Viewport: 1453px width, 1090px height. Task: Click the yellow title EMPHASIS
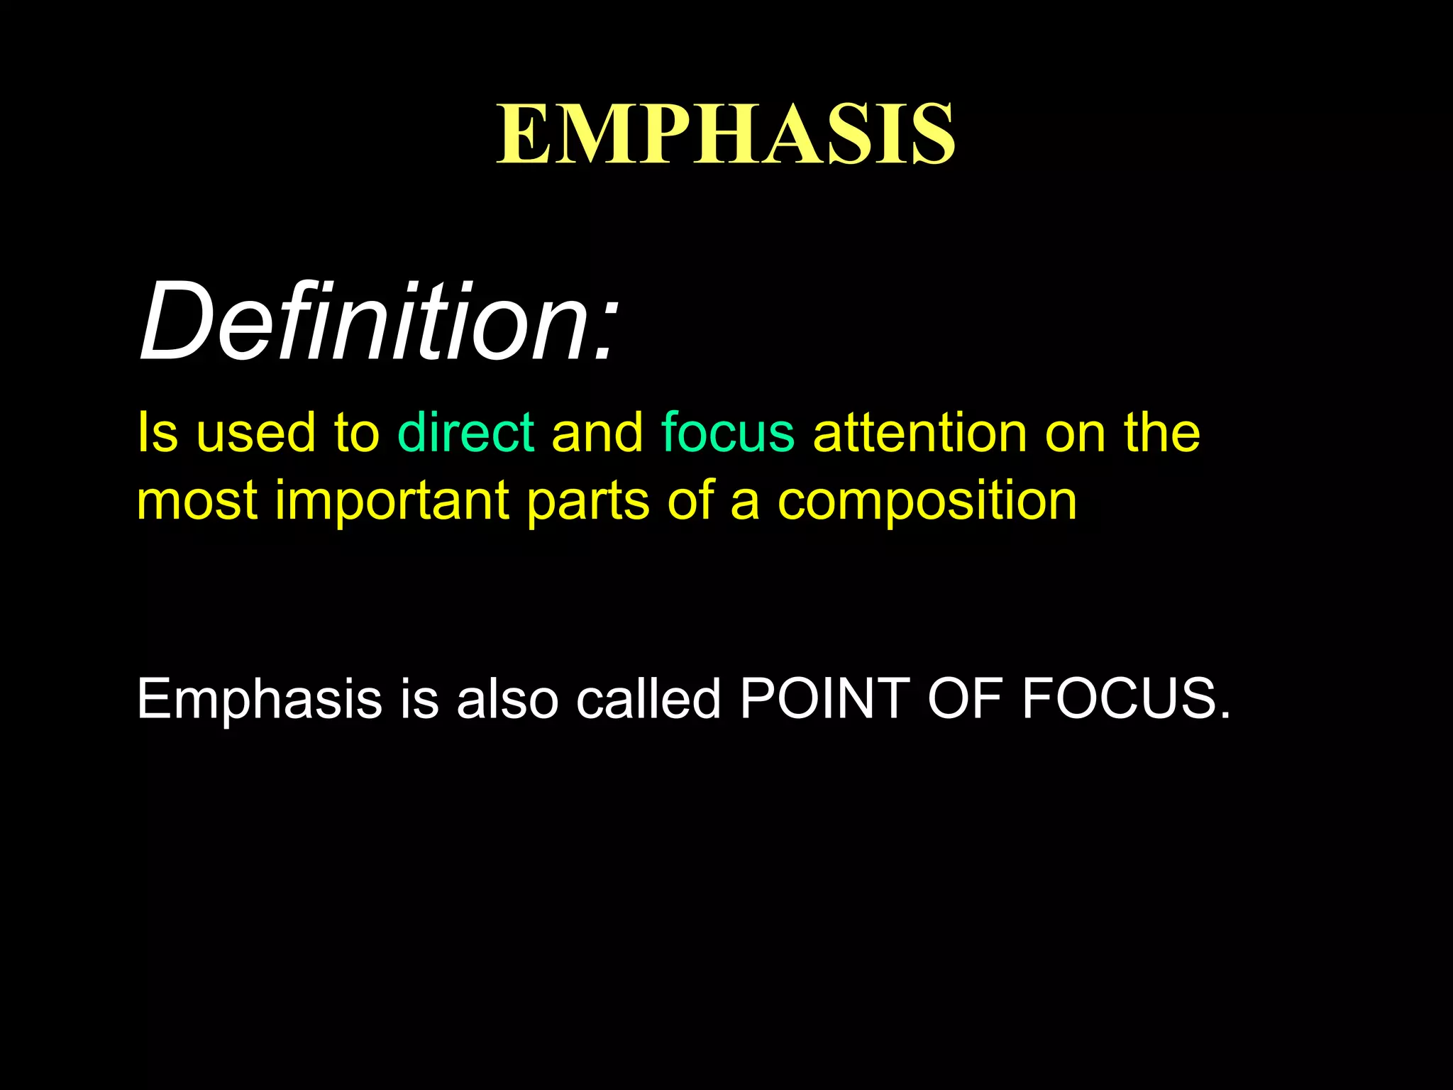[726, 134]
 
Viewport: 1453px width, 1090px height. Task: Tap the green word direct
[465, 432]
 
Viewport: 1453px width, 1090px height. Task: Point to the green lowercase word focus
[727, 432]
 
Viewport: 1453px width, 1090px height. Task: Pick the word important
[392, 501]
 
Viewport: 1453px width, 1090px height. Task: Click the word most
[197, 501]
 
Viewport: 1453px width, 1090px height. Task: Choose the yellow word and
[597, 432]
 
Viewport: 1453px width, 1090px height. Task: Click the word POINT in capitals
[824, 698]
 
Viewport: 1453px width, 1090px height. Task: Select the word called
[648, 698]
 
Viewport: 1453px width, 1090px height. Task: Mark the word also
[507, 698]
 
